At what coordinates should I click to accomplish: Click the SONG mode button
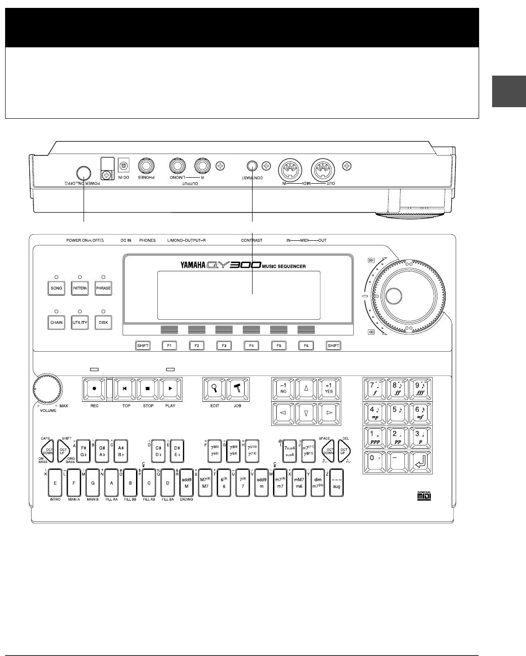(x=56, y=288)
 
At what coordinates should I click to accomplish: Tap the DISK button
(x=103, y=323)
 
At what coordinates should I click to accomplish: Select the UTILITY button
(x=79, y=323)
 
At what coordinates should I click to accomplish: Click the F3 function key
(x=224, y=346)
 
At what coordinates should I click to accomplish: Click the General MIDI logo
(x=423, y=496)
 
